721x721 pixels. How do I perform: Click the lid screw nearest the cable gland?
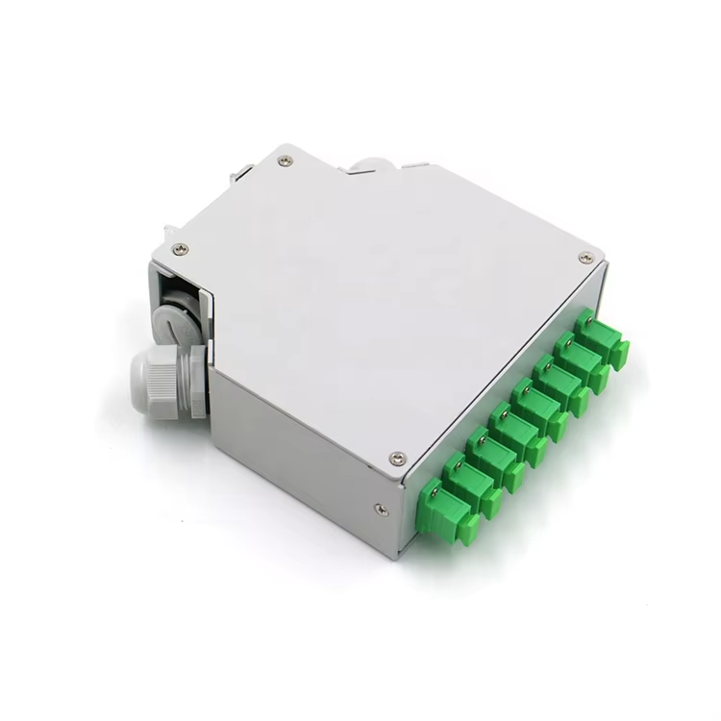[180, 249]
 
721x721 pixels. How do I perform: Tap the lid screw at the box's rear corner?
[285, 161]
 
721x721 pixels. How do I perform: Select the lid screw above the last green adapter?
[585, 258]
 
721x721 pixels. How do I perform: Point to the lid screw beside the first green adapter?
[397, 459]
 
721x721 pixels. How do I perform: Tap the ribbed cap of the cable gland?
[153, 382]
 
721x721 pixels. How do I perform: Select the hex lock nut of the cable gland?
[198, 381]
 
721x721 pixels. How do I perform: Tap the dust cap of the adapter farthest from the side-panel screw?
[618, 353]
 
